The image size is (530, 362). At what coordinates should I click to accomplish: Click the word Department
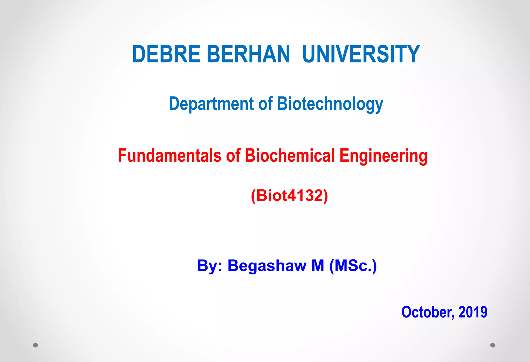(211, 104)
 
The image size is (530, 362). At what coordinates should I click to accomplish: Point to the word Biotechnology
(330, 104)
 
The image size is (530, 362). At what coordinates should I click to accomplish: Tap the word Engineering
(383, 156)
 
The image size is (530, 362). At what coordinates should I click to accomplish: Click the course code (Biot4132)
(289, 195)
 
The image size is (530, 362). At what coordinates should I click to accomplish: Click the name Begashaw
(267, 266)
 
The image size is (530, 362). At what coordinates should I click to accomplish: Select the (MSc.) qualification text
(353, 266)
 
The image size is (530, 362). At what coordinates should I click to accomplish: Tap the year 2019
(473, 312)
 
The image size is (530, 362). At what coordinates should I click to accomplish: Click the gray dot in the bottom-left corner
(36, 345)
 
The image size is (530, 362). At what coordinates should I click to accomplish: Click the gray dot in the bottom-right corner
(493, 345)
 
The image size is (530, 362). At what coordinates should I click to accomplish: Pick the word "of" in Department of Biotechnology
(266, 104)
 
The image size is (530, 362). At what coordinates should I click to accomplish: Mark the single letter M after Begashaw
(318, 266)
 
